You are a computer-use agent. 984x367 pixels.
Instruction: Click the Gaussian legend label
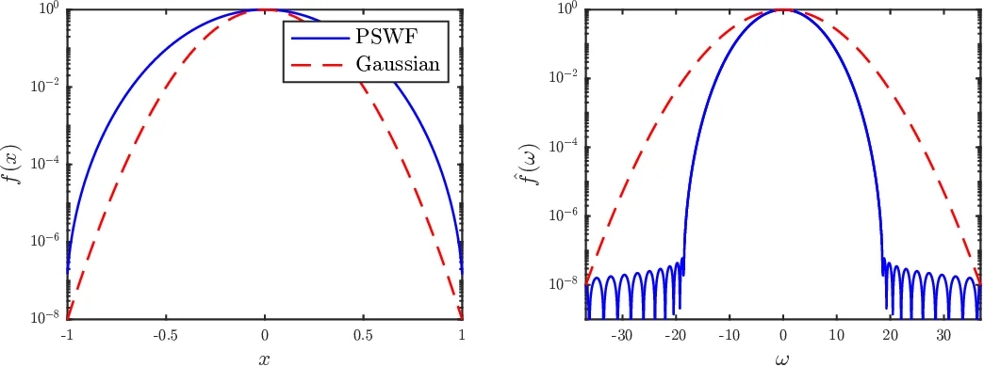pyautogui.click(x=397, y=67)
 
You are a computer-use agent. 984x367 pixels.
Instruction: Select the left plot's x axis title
pyautogui.click(x=265, y=358)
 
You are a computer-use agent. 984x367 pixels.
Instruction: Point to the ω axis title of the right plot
pyautogui.click(x=783, y=358)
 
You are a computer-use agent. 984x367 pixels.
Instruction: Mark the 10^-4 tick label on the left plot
pyautogui.click(x=46, y=164)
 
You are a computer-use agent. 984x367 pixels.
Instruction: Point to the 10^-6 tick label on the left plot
pyautogui.click(x=46, y=242)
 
